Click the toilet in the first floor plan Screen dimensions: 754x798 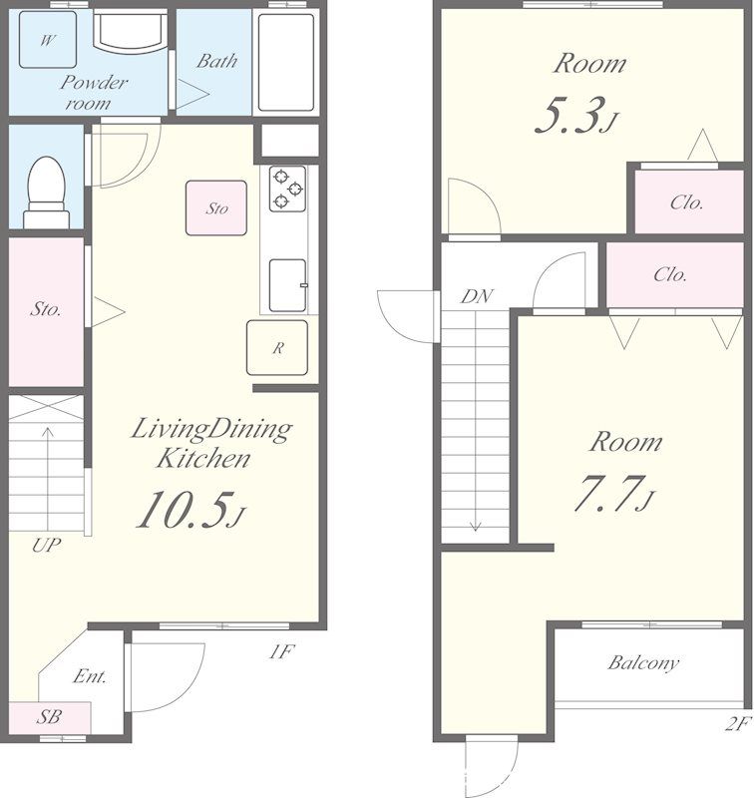pyautogui.click(x=46, y=192)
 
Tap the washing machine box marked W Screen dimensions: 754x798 pyautogui.click(x=48, y=40)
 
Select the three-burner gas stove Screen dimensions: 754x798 pyautogui.click(x=287, y=189)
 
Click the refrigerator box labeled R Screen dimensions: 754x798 pyautogui.click(x=277, y=347)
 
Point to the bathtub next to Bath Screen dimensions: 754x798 pyautogui.click(x=285, y=62)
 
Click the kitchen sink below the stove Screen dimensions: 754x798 pyautogui.click(x=287, y=285)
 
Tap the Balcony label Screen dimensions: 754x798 pyautogui.click(x=643, y=662)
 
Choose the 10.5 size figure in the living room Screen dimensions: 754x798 pyautogui.click(x=190, y=509)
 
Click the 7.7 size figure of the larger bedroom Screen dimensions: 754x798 pyautogui.click(x=614, y=493)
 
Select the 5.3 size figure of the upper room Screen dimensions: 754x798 pyautogui.click(x=576, y=115)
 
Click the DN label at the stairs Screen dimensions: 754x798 pyautogui.click(x=477, y=296)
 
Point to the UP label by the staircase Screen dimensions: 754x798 pyautogui.click(x=46, y=545)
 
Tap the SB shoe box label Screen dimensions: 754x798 pyautogui.click(x=49, y=716)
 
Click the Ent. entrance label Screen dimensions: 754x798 pyautogui.click(x=90, y=676)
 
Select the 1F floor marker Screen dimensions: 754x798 pyautogui.click(x=281, y=651)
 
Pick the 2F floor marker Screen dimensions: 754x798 pyautogui.click(x=738, y=723)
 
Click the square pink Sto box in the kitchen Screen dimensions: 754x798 pyautogui.click(x=216, y=208)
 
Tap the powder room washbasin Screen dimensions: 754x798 pyautogui.click(x=131, y=32)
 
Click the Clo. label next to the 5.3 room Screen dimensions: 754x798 pyautogui.click(x=686, y=202)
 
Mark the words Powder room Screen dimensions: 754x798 pyautogui.click(x=94, y=93)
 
